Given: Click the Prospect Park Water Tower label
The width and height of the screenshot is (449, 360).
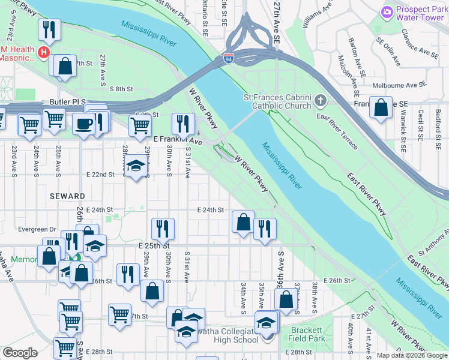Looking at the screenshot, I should [420, 14].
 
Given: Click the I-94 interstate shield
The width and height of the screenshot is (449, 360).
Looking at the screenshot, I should [228, 58].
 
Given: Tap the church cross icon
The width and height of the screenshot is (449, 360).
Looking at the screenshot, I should [321, 100].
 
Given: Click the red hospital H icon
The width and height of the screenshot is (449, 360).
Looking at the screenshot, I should [43, 53].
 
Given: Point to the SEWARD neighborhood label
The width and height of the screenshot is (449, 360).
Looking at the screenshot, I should [68, 196].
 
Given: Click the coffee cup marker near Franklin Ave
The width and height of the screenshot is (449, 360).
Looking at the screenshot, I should [83, 123].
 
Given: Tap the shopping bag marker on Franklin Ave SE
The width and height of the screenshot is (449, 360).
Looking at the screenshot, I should [381, 109].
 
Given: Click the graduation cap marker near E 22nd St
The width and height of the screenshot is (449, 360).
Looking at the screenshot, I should [136, 166].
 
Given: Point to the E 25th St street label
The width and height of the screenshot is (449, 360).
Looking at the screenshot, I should [155, 246].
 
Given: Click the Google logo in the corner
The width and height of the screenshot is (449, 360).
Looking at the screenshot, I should [20, 353].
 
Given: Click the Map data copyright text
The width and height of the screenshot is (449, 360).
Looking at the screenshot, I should [412, 355].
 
